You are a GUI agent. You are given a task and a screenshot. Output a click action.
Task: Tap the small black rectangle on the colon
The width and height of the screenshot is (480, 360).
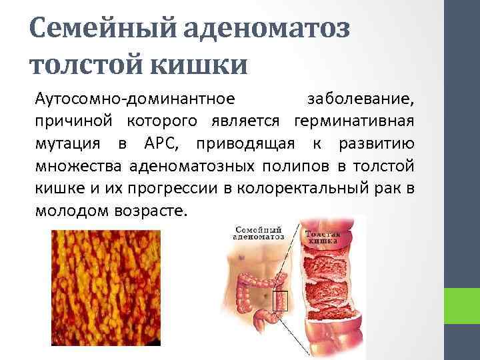coord(279,301)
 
